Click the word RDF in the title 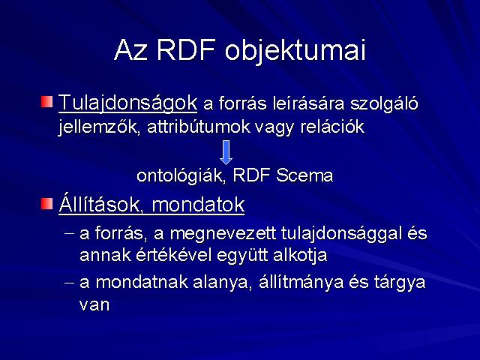click(186, 49)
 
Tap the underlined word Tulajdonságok click(127, 103)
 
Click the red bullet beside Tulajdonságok click(46, 102)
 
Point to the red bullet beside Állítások click(46, 203)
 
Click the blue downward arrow click(226, 152)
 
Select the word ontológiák click(181, 176)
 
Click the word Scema click(304, 175)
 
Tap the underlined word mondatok click(198, 205)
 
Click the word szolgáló click(384, 104)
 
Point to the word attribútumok click(199, 127)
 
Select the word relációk click(332, 127)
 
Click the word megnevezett click(223, 234)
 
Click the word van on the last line click(94, 305)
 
